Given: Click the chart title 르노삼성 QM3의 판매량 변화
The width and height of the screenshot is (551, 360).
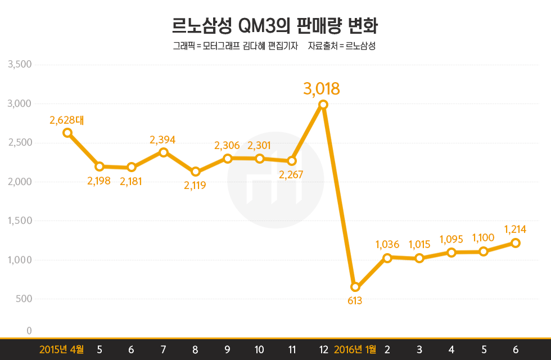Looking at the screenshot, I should tap(275, 26).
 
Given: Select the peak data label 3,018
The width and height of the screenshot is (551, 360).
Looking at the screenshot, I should tap(322, 89).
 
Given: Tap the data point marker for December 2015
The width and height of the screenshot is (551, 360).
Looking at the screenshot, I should tap(323, 105).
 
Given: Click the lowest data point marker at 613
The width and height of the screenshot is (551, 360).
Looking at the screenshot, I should tap(355, 287).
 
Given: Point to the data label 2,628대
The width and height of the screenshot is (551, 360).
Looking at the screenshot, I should tap(66, 120).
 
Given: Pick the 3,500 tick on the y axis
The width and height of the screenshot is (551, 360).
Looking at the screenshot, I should tap(19, 65).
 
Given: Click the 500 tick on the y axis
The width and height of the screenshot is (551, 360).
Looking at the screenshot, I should tap(24, 299).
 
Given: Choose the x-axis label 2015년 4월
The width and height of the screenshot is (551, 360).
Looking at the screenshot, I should tap(61, 349).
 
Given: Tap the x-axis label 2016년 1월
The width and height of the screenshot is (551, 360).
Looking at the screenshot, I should tap(355, 349).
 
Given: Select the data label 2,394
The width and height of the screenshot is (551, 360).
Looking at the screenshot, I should tap(163, 139).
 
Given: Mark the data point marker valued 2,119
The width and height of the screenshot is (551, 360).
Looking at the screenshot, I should tap(195, 172).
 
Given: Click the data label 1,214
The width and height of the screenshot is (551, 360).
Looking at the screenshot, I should tap(515, 229).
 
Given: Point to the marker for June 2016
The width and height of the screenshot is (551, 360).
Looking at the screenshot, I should tap(516, 243).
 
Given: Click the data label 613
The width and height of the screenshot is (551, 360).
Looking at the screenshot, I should tap(355, 300).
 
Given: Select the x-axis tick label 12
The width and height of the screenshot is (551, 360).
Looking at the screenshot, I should tap(323, 349).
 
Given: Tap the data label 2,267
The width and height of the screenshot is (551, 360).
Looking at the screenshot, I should tap(292, 174).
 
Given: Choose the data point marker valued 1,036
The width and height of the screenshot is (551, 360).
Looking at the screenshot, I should tap(387, 258).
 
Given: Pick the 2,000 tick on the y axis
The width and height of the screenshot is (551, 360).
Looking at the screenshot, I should tap(19, 182).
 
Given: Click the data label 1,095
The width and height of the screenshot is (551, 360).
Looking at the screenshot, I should tap(451, 239).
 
